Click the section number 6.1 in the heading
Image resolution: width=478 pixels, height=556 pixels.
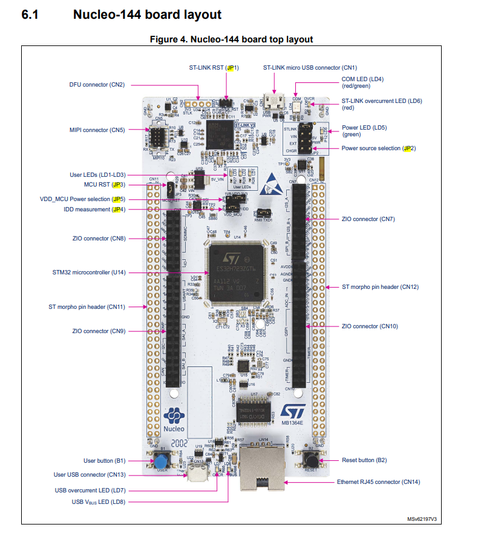click(30, 15)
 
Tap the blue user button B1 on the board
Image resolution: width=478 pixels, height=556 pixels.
click(162, 460)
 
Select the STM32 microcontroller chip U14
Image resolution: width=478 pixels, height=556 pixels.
click(236, 273)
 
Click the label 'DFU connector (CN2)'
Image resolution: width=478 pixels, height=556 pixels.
click(97, 85)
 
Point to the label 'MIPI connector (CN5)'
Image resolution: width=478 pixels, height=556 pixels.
click(97, 130)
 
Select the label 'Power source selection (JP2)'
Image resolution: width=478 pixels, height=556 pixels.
click(378, 148)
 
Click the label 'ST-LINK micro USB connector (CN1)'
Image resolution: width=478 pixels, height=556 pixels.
click(310, 68)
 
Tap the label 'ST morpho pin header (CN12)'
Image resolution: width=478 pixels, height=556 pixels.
click(380, 287)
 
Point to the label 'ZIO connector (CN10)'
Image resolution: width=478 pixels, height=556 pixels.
click(370, 326)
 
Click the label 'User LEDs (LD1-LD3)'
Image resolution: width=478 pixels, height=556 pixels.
click(97, 175)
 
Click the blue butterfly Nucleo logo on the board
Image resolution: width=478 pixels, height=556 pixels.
click(174, 417)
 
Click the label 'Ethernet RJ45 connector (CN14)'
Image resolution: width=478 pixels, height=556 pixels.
click(378, 482)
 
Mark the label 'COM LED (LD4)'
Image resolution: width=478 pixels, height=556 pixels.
click(363, 79)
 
